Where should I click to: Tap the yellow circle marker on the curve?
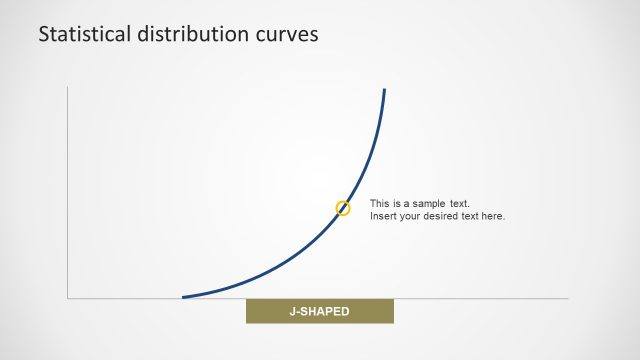pos(343,208)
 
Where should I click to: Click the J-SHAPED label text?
pos(320,312)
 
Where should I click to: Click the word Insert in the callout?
pos(383,216)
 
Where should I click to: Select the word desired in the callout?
pos(444,216)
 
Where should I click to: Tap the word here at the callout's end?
pos(494,216)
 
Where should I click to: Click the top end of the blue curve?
pos(384,90)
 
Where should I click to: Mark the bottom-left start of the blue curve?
pos(183,297)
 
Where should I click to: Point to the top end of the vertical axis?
pos(68,87)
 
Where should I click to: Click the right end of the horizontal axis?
pos(567,298)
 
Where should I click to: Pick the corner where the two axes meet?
pos(68,298)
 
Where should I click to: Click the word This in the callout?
pos(380,203)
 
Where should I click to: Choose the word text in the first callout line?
pos(459,203)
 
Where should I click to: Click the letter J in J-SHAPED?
pos(293,312)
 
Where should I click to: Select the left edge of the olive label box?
pos(247,312)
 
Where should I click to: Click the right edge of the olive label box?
pos(393,312)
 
